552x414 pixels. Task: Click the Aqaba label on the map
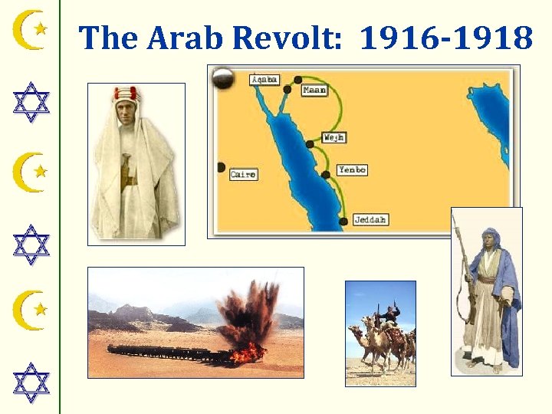click(x=265, y=80)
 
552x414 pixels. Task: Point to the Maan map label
click(x=314, y=90)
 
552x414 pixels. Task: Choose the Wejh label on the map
click(x=333, y=138)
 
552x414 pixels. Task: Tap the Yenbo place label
click(x=352, y=170)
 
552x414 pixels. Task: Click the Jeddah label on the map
click(x=370, y=220)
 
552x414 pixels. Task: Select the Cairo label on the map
click(x=242, y=175)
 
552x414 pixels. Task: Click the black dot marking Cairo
click(x=221, y=167)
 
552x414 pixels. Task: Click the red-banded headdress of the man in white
click(x=128, y=94)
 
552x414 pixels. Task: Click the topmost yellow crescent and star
click(x=31, y=30)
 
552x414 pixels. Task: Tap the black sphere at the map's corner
click(x=224, y=78)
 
